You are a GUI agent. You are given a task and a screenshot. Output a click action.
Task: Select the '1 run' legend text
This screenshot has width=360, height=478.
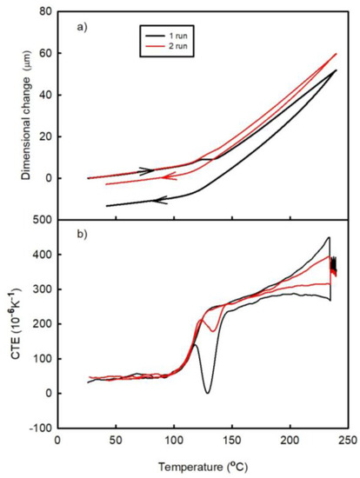187,30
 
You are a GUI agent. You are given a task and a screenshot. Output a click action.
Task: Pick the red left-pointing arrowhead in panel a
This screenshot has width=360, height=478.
165,177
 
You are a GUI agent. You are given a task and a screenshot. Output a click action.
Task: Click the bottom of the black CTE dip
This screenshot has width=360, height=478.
207,393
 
